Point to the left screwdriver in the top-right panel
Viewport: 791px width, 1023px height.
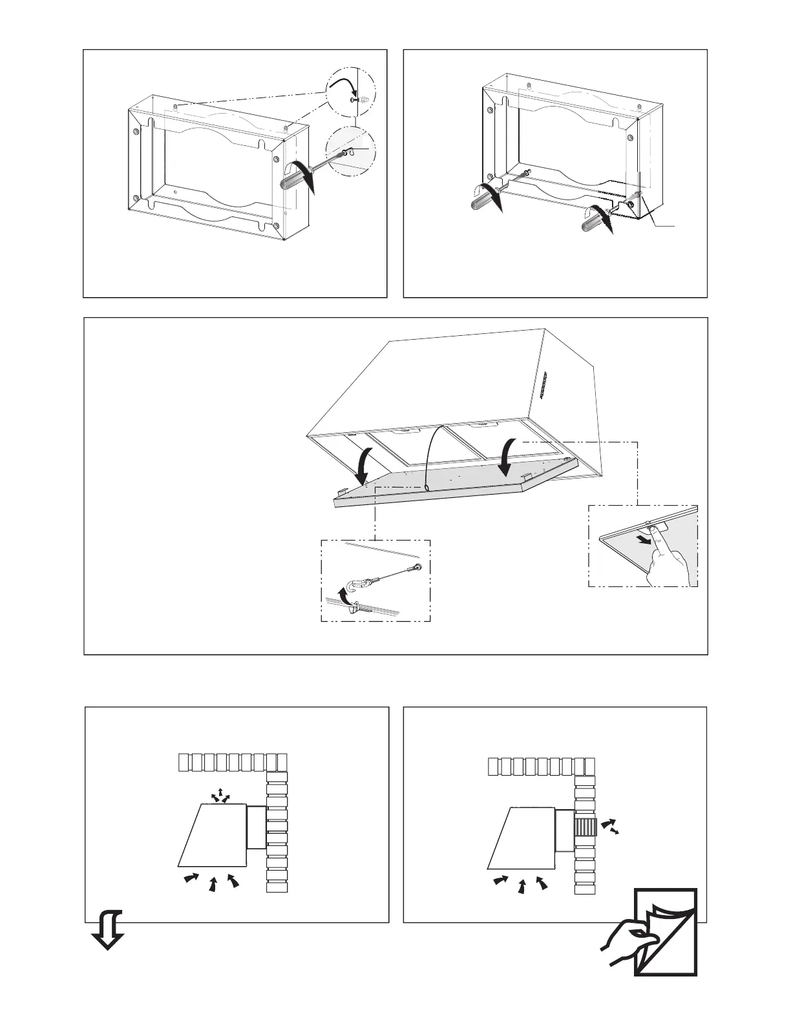[x=486, y=200]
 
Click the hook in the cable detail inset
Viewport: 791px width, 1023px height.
[x=353, y=585]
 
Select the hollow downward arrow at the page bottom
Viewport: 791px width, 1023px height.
[x=107, y=927]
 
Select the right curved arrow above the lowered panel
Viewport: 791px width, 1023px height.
[x=508, y=456]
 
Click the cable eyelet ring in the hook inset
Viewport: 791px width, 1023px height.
[x=419, y=568]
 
